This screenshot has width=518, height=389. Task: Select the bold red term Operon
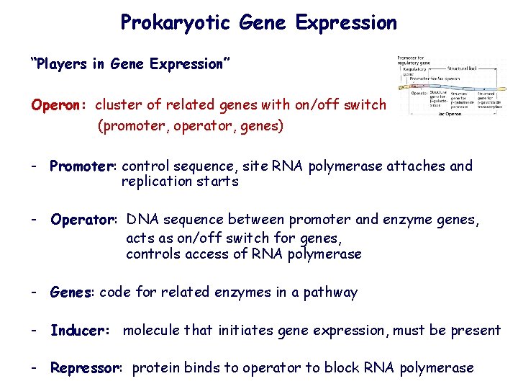click(58, 105)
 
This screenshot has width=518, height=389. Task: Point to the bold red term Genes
click(71, 292)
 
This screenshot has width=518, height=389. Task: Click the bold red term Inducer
click(78, 331)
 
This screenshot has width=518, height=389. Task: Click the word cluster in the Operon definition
click(118, 105)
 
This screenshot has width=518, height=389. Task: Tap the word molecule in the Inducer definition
click(152, 331)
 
